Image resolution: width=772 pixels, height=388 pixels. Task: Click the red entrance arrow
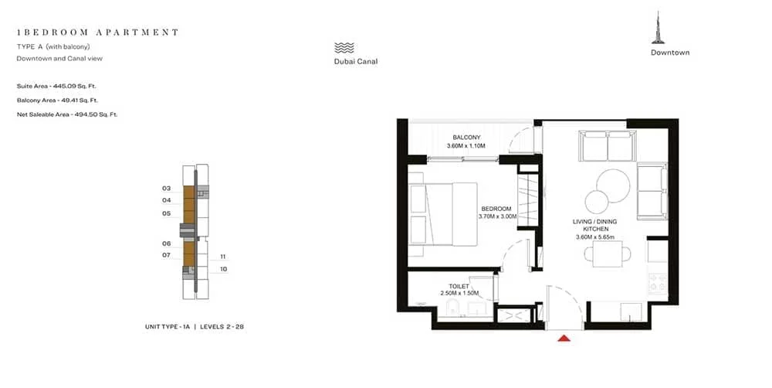pos(564,337)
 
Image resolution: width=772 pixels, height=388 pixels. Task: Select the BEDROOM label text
pos(496,209)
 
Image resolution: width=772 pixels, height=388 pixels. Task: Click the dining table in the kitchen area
pos(609,254)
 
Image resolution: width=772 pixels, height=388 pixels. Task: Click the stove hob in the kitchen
pos(657,284)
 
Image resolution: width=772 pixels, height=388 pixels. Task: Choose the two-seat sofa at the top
pos(607,145)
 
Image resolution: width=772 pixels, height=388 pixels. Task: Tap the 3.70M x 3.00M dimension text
pos(496,217)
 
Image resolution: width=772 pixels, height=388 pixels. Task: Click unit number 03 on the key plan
pos(166,189)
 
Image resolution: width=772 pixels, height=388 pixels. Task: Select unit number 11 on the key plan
pos(222,257)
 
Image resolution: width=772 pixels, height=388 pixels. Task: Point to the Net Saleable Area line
pos(66,114)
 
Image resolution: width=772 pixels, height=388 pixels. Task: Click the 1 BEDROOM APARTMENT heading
pos(97,32)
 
